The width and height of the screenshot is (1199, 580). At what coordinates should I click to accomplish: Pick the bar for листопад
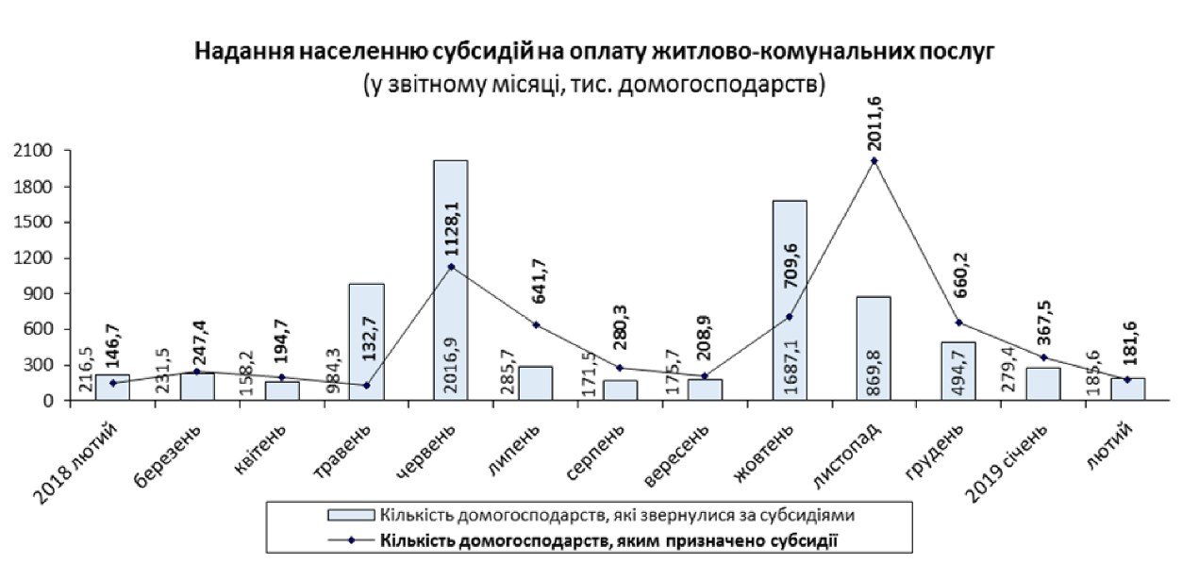874,348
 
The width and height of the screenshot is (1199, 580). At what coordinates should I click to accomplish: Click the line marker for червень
451,267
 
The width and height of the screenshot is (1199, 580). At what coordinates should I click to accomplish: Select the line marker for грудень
958,323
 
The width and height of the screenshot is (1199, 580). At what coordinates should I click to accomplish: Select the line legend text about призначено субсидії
608,539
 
